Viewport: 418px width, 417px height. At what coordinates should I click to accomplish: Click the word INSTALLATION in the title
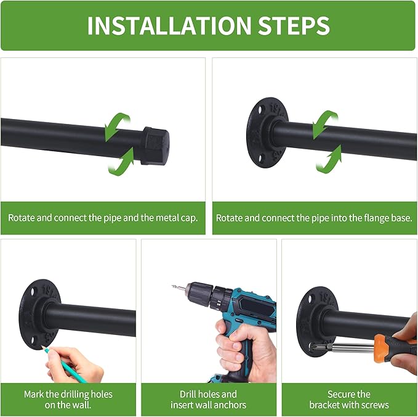click(169, 26)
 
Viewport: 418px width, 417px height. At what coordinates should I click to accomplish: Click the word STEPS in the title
click(294, 26)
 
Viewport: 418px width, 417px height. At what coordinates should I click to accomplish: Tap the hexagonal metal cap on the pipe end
click(155, 146)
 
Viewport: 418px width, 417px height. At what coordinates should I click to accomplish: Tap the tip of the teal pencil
click(42, 347)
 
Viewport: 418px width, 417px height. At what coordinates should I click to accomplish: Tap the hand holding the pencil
click(74, 364)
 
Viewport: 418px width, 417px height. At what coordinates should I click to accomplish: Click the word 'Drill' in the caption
click(188, 394)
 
